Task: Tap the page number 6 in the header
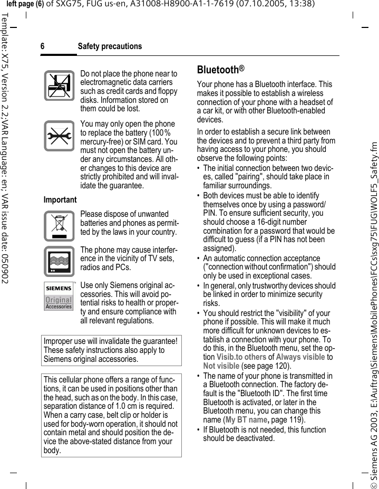coord(43,46)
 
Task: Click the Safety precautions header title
coord(110,46)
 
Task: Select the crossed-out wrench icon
coord(59,136)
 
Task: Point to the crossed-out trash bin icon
coord(59,225)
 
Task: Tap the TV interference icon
coord(59,261)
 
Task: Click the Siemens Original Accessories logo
coord(59,295)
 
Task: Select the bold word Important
coord(60,200)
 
